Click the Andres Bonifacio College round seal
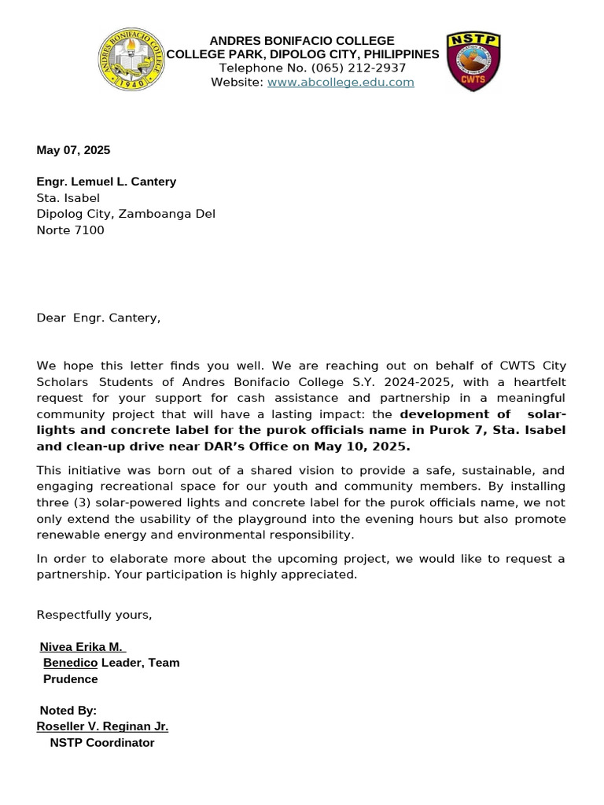point(132,61)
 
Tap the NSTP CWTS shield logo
point(473,61)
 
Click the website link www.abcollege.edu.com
point(341,83)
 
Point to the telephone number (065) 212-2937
point(361,68)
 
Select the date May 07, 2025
point(73,150)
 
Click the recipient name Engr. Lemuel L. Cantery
point(106,182)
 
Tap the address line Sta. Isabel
point(68,198)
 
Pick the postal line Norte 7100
point(70,230)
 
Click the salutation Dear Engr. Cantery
point(98,318)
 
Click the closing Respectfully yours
point(94,615)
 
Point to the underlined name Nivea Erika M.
point(82,647)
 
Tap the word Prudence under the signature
point(70,679)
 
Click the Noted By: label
point(68,711)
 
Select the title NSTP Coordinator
point(102,743)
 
